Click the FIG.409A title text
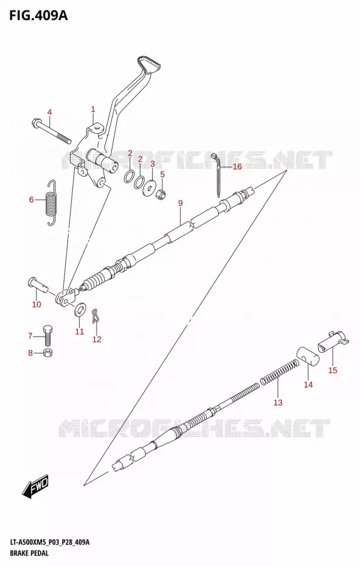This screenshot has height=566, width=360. click(x=38, y=16)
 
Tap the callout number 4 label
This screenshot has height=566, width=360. click(x=49, y=112)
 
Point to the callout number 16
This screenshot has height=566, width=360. click(x=237, y=167)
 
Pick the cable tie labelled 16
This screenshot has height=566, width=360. click(x=218, y=173)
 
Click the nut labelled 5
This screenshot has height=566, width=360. click(x=161, y=194)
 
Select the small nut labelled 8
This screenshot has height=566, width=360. click(x=47, y=353)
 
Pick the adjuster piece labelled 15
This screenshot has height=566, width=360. click(x=333, y=341)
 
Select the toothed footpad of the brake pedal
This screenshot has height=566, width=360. click(x=149, y=65)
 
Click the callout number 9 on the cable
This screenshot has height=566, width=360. click(x=181, y=203)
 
